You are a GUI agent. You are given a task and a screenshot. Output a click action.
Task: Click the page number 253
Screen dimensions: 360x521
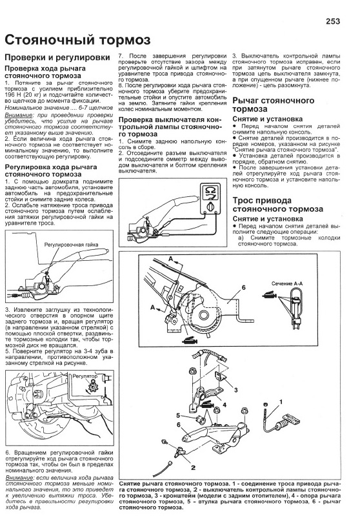333,21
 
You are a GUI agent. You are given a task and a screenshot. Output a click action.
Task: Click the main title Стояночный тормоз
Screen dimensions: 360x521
77,40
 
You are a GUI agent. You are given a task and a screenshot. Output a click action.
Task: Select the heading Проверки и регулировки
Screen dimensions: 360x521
57,57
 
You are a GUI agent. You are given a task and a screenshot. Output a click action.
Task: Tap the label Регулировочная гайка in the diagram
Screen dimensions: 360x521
72,245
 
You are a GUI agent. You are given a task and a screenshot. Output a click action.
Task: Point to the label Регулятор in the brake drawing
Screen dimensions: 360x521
85,376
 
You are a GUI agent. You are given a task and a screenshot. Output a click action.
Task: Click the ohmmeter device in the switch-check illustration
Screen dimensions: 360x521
209,198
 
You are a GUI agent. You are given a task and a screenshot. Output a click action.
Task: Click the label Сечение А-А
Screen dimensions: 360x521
287,283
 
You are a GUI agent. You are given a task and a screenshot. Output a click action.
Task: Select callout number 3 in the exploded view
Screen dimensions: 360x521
235,390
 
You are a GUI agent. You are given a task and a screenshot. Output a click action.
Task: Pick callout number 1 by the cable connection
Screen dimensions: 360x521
281,402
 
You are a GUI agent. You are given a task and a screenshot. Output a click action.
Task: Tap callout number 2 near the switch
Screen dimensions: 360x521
194,468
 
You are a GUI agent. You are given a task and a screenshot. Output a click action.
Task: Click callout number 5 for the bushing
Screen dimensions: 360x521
178,415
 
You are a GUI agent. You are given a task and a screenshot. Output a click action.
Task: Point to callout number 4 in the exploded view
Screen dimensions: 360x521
225,405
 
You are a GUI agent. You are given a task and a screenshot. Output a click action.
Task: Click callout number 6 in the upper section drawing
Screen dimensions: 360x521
243,287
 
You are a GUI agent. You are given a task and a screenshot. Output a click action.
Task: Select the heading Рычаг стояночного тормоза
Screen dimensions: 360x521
274,105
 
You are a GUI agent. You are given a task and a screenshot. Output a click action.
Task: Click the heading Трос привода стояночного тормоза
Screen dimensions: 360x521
277,205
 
